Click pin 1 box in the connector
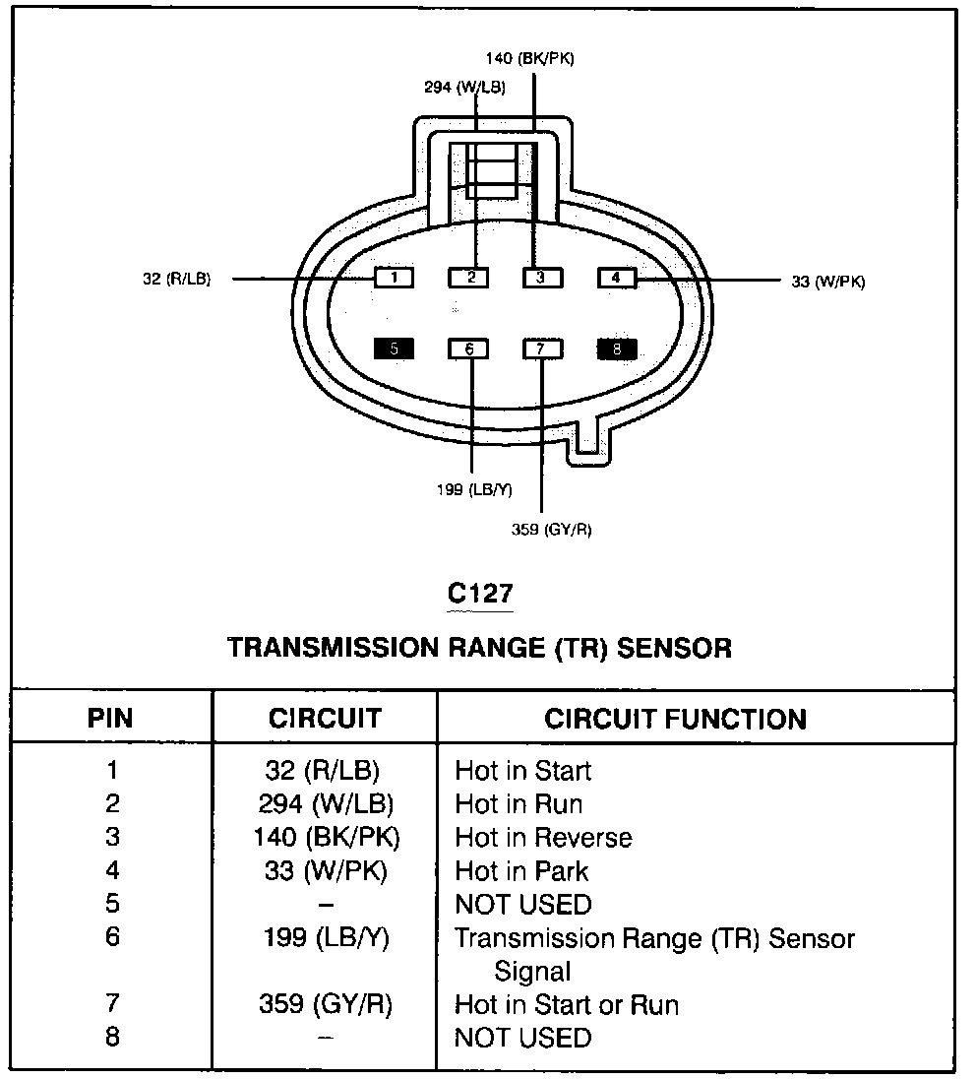point(394,279)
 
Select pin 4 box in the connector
point(617,279)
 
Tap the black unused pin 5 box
point(394,349)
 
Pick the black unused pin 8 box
point(617,349)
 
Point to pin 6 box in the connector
point(469,349)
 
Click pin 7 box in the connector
point(542,349)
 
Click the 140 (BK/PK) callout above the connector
point(529,58)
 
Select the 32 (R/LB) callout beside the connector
point(176,280)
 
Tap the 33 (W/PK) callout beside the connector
point(828,282)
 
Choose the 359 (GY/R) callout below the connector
point(551,530)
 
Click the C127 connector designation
point(480,594)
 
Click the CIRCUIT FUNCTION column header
point(675,719)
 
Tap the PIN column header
point(110,719)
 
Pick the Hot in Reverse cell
point(543,838)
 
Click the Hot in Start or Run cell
point(567,1005)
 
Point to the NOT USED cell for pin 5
point(523,904)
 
